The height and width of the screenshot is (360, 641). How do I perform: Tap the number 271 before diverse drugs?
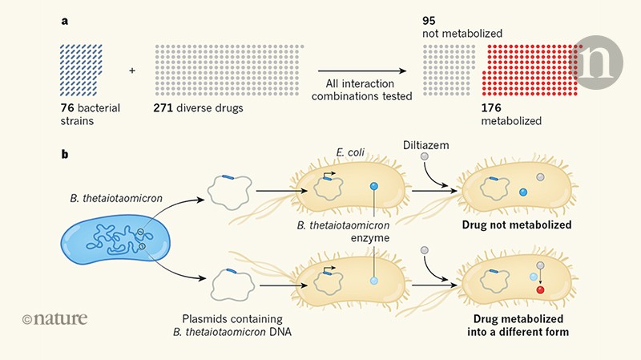164,107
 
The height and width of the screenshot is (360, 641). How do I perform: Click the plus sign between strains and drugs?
132,70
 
